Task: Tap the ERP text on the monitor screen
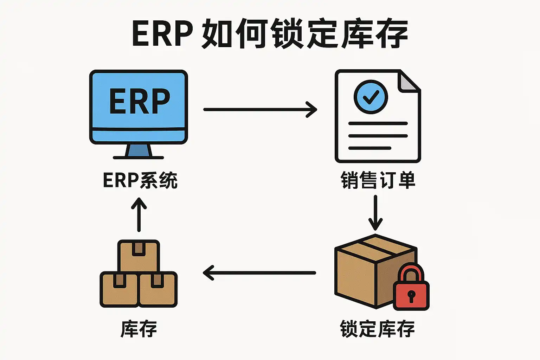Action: [x=140, y=101]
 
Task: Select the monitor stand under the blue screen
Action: [x=139, y=151]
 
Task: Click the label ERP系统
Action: [x=140, y=180]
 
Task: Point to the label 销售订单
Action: [x=378, y=180]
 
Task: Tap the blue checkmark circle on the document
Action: [x=371, y=97]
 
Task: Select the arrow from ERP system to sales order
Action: [x=260, y=109]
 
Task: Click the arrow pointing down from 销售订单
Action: [x=375, y=212]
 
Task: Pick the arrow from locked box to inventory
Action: [x=259, y=273]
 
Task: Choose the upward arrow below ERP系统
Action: [x=139, y=214]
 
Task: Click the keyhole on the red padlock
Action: [x=411, y=296]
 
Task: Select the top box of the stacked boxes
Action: [x=139, y=256]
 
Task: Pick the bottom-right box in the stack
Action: [x=157, y=289]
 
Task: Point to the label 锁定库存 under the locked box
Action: [x=377, y=329]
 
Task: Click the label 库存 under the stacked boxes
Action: [x=139, y=329]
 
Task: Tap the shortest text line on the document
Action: [x=369, y=148]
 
